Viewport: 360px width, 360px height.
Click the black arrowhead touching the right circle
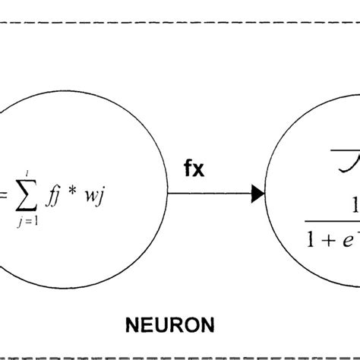pos(258,196)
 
